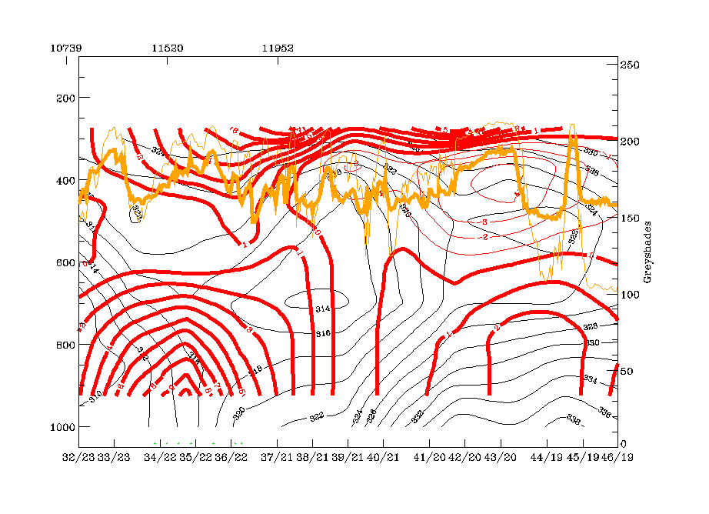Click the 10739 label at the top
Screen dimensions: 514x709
pos(65,47)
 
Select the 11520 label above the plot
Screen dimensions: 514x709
pos(167,47)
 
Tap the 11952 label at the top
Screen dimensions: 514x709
pos(278,47)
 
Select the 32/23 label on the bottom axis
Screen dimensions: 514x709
pos(78,457)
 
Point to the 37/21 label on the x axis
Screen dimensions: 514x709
pos(278,457)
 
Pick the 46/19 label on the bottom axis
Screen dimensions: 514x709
pos(617,457)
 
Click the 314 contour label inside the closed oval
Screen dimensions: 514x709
pos(323,309)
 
